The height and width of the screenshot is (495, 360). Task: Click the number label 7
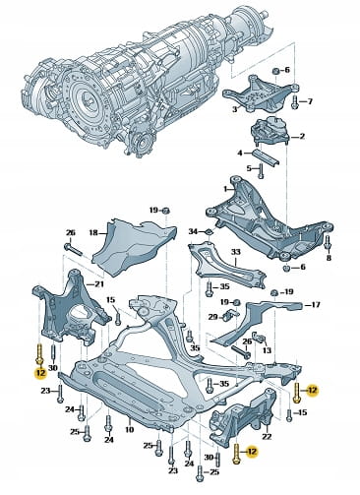pos(310,101)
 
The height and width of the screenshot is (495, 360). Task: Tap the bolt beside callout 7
pos(294,101)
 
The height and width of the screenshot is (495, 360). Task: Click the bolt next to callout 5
pos(261,171)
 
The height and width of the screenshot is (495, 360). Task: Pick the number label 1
pos(225,189)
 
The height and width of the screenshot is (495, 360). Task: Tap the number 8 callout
pos(329,258)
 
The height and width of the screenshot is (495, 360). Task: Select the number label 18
pos(93,232)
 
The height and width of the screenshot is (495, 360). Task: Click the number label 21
pos(99,284)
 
